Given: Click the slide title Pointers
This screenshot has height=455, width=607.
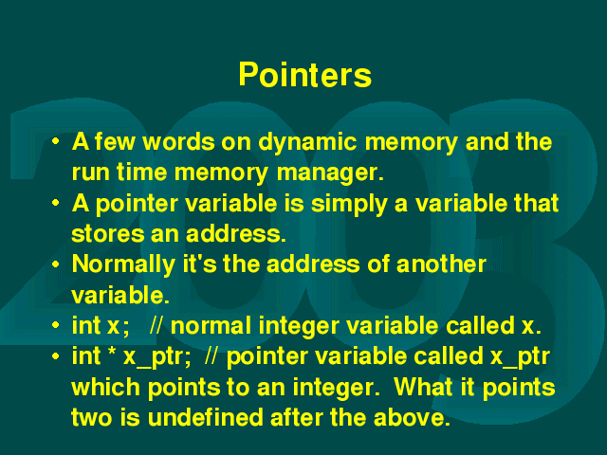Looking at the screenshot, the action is [305, 74].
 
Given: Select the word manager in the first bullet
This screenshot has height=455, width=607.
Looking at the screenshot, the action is [330, 173].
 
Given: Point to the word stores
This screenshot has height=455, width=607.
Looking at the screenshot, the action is [107, 234].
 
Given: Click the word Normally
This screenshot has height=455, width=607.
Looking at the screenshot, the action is [123, 265].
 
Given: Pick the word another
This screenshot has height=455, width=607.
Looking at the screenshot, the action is [441, 264].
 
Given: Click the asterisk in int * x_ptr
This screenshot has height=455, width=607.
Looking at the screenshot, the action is [113, 352].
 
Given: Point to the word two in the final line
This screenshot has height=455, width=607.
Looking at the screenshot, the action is [92, 418].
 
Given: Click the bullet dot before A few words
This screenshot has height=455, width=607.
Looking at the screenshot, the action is [56, 141].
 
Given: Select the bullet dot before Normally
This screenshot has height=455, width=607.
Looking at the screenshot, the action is [56, 264].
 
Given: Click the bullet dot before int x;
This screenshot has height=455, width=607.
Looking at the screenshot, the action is [56, 325].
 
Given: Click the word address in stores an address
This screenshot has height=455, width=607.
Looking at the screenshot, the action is [235, 234].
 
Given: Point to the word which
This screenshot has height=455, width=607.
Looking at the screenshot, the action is [105, 387].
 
